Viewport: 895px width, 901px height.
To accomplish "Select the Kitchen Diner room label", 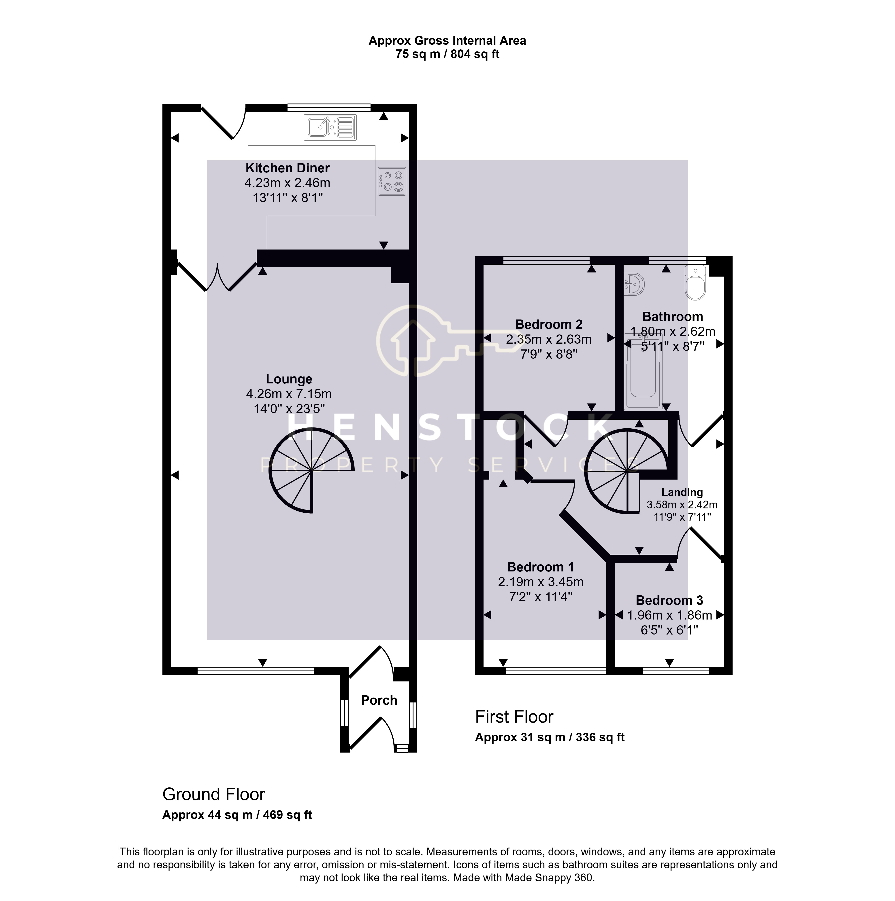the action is point(288,168).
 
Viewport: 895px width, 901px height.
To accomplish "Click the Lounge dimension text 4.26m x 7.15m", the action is point(289,394).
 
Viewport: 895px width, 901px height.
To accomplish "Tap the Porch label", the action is point(379,700).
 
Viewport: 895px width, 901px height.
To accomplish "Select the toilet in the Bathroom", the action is point(695,282).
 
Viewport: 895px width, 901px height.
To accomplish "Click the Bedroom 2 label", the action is point(549,325).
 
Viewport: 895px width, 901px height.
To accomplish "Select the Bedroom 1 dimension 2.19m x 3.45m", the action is point(540,582).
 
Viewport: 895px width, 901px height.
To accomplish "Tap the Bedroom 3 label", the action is point(669,601).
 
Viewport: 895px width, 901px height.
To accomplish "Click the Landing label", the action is point(682,493).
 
